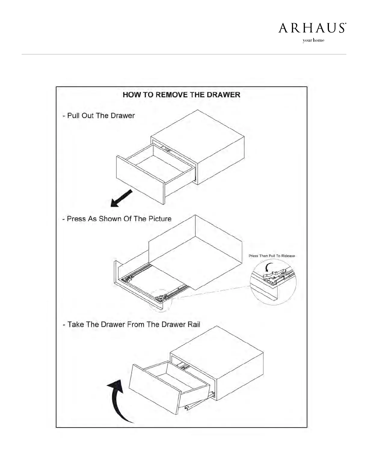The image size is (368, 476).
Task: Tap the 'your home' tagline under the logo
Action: [x=313, y=41]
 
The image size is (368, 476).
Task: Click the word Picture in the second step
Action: [x=160, y=219]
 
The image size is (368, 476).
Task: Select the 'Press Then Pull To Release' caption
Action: [x=272, y=256]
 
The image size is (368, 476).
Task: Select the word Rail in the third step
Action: [x=194, y=325]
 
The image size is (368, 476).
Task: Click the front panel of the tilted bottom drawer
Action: [x=154, y=388]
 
